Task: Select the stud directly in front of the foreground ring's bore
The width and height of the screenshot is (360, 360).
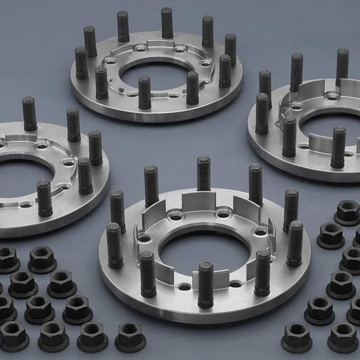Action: click(205, 285)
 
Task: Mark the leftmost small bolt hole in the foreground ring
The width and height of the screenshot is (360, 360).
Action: click(144, 238)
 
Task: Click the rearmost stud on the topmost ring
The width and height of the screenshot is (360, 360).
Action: click(167, 23)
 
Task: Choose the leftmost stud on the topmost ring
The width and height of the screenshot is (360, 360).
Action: click(82, 63)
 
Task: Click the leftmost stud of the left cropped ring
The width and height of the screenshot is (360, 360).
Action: click(30, 114)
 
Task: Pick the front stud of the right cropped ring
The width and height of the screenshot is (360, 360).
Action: click(289, 137)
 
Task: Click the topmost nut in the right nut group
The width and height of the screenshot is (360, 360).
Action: click(347, 212)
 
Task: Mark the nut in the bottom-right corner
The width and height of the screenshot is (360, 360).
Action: click(343, 337)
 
